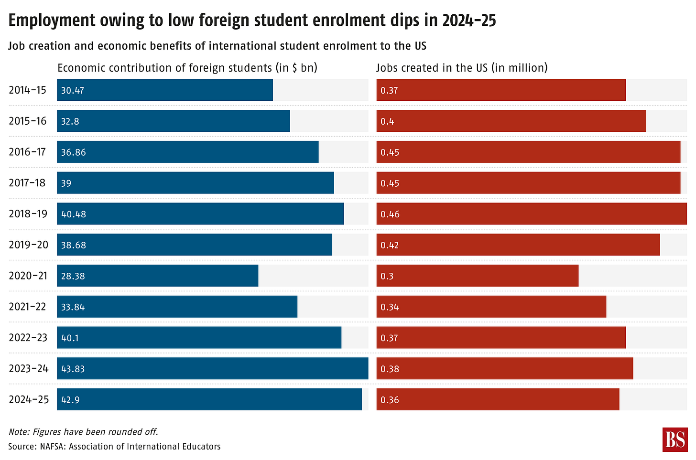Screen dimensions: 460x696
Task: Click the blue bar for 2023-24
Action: (x=213, y=368)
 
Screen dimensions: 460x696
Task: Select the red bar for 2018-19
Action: (x=532, y=214)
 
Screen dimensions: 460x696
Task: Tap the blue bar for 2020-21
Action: (x=158, y=276)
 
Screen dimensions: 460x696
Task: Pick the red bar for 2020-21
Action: (x=478, y=276)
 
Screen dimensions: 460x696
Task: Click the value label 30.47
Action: (x=73, y=90)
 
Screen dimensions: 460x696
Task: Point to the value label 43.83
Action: (x=73, y=369)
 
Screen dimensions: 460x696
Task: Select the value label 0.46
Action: (x=390, y=214)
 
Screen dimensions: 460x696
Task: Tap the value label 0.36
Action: (x=390, y=400)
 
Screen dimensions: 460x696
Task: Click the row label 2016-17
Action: (x=27, y=152)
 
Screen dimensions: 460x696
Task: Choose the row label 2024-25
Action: (x=29, y=399)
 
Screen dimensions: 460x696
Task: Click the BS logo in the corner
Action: (x=674, y=439)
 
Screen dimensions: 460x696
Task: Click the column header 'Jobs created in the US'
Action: (x=462, y=68)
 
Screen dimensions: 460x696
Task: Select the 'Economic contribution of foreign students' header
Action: (x=187, y=68)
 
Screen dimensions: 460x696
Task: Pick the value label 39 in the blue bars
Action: (x=66, y=183)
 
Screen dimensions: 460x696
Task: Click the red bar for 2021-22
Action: (x=491, y=307)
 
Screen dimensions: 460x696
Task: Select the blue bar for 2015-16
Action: (x=174, y=121)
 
